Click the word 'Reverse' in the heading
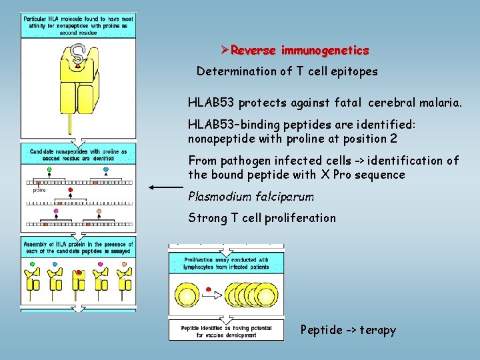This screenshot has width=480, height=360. (x=255, y=51)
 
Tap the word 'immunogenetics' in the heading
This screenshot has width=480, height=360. (x=325, y=51)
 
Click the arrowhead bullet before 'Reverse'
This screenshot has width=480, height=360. (x=225, y=51)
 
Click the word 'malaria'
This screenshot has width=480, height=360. (x=437, y=103)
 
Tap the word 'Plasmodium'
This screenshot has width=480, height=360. (x=218, y=197)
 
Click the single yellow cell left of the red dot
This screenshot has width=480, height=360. (x=189, y=293)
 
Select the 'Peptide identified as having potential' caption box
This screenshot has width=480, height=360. (x=227, y=331)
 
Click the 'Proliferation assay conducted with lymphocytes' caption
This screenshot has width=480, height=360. (x=227, y=263)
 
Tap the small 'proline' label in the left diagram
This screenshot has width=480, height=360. (x=39, y=190)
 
